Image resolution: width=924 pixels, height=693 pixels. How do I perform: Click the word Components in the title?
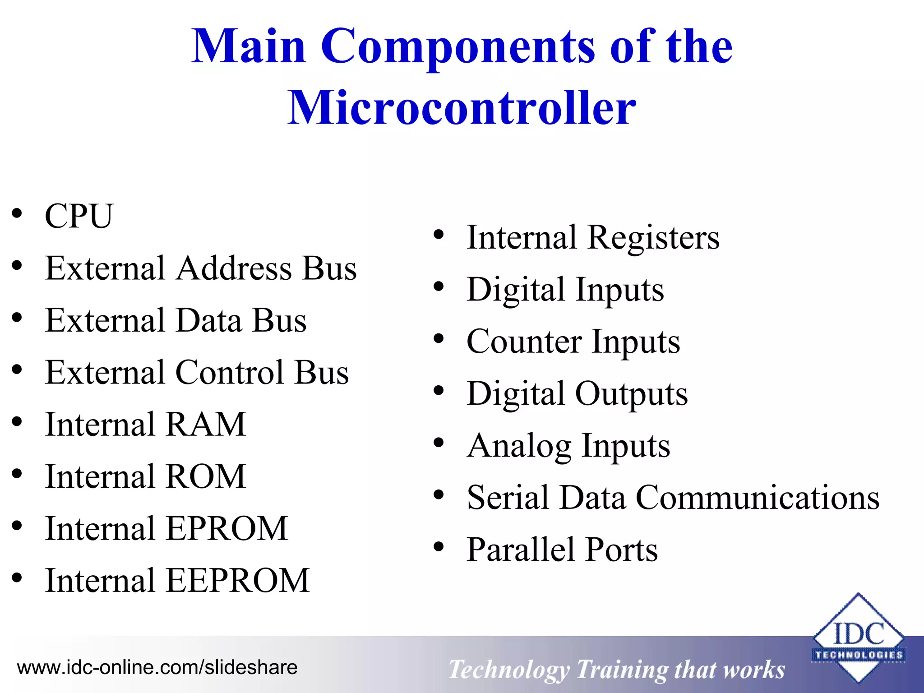click(x=458, y=46)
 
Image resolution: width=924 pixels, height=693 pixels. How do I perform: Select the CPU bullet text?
click(x=79, y=216)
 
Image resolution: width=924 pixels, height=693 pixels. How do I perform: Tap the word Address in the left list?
click(x=234, y=268)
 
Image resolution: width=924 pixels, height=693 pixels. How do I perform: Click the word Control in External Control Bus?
click(x=229, y=373)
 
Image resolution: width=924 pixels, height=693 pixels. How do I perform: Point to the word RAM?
click(x=206, y=425)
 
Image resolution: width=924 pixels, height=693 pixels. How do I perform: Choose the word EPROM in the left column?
click(x=227, y=528)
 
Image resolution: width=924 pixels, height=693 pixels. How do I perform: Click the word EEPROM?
click(x=238, y=581)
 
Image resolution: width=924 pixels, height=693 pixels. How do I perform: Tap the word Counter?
click(x=524, y=342)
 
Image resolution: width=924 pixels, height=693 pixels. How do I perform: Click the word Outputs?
click(x=631, y=394)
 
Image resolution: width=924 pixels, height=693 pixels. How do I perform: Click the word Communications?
click(x=758, y=498)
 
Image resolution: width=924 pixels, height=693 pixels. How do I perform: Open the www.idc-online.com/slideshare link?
click(x=157, y=667)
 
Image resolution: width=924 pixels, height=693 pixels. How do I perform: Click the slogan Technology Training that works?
click(x=616, y=670)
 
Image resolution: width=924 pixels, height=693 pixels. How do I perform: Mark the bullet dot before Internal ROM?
click(x=17, y=474)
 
